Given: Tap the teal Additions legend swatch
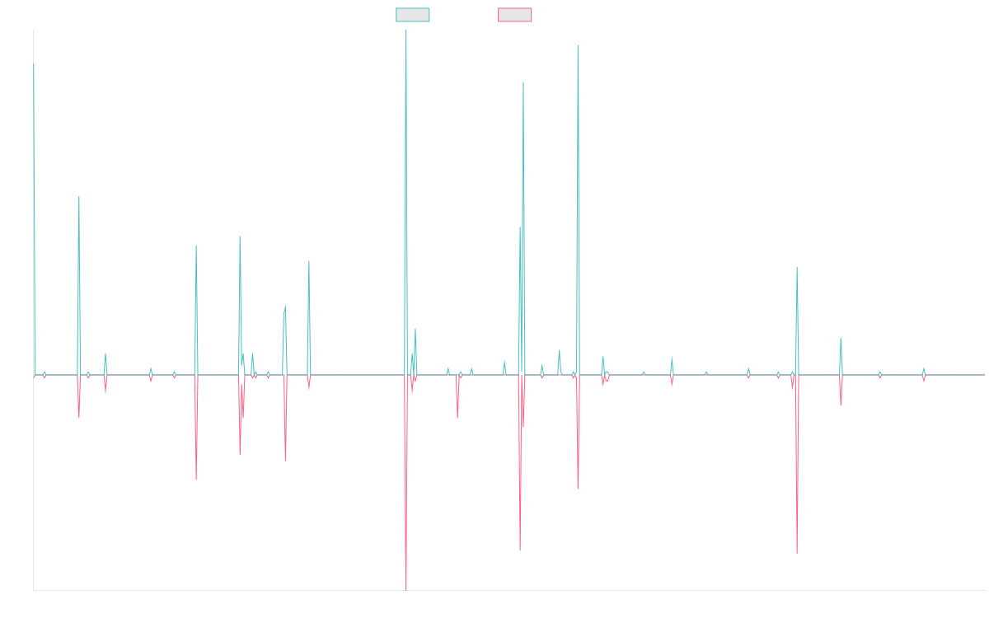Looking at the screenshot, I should coord(413,15).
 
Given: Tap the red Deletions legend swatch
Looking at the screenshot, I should coord(515,15).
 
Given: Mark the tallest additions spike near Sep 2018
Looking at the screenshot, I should coord(405,31).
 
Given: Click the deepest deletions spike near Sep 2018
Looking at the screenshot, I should coord(406,588).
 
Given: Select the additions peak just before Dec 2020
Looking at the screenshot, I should coord(578,45).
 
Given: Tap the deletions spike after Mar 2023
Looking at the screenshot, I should coord(797,551).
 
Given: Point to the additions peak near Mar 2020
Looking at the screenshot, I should coord(523,82).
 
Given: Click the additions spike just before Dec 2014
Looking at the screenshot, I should coord(79,197).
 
